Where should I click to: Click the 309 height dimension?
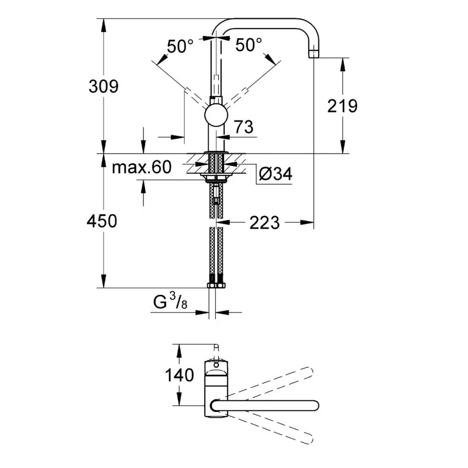[x=103, y=87]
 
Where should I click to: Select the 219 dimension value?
[x=342, y=106]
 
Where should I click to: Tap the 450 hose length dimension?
[x=102, y=221]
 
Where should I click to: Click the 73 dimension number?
[x=243, y=127]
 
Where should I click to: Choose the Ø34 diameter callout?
[x=275, y=174]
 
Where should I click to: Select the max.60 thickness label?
[x=142, y=168]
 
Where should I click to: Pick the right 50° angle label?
[x=249, y=45]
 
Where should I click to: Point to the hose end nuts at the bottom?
[x=216, y=286]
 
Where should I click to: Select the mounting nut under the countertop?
[x=216, y=176]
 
